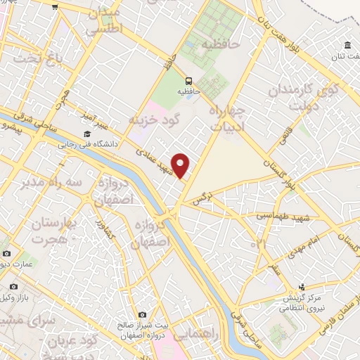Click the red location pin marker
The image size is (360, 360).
tap(181, 165)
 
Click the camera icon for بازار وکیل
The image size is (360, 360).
tap(14, 286)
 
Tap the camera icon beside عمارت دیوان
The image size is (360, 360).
tap(6, 253)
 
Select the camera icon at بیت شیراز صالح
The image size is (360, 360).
tap(142, 314)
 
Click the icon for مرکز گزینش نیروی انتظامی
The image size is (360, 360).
tap(302, 287)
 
